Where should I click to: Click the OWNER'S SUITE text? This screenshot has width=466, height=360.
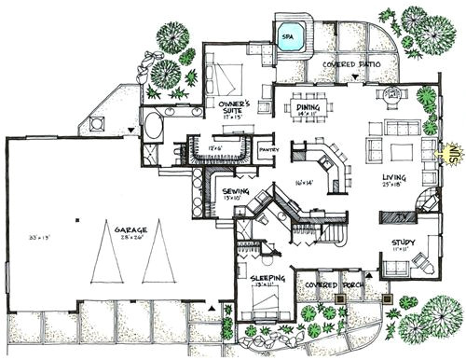pyautogui.click(x=226, y=104)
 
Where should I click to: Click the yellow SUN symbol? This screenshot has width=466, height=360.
pyautogui.click(x=454, y=150)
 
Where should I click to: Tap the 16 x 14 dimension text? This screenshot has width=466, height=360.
pyautogui.click(x=300, y=184)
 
